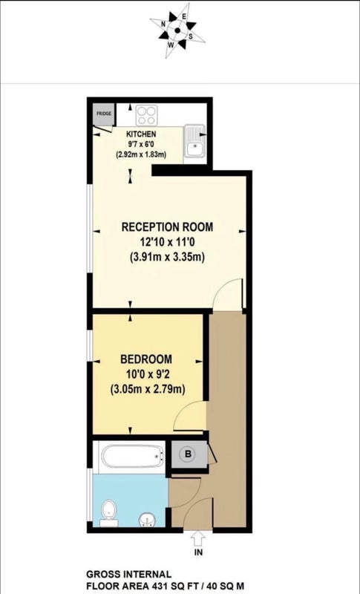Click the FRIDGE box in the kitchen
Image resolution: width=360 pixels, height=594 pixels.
(104, 114)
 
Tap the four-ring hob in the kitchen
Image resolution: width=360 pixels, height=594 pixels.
(146, 115)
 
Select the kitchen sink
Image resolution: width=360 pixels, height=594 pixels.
(194, 141)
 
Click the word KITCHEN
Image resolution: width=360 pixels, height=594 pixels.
(141, 134)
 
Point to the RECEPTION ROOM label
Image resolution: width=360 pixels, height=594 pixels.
(167, 227)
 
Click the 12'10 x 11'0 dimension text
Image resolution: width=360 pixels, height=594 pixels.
(167, 242)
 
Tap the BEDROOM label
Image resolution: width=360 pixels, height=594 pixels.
(146, 359)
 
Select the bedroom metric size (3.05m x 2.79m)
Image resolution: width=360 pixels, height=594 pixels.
(148, 389)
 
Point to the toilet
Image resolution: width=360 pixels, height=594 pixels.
(108, 513)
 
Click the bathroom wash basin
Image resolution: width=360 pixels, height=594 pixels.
(147, 520)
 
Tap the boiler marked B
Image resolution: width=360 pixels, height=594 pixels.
(189, 454)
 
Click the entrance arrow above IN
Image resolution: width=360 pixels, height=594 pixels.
(198, 538)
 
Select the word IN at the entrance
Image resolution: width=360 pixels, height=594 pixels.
(198, 552)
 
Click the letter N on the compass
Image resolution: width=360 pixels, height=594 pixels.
(163, 24)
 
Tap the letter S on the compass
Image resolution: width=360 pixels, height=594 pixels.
(191, 36)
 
